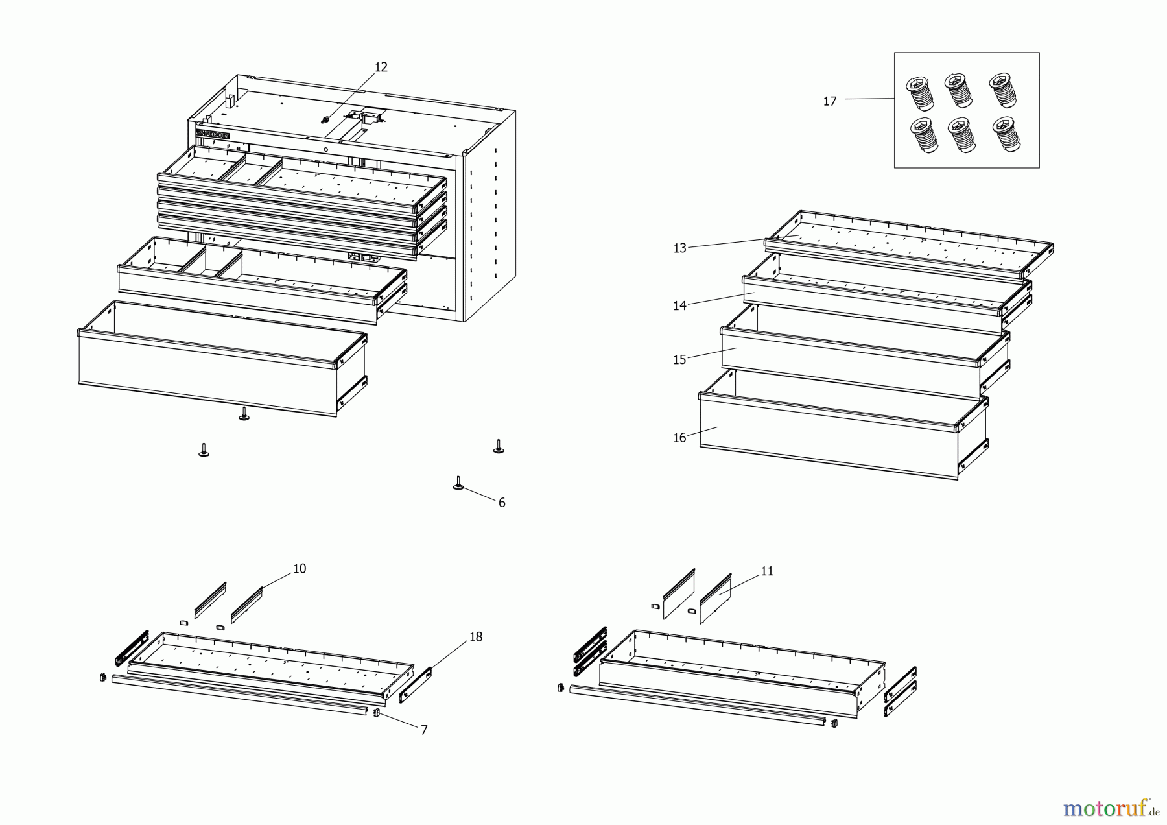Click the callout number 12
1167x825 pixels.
[x=381, y=67]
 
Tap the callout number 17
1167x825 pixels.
[x=830, y=101]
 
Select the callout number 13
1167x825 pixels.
[x=679, y=248]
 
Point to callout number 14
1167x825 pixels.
[x=679, y=305]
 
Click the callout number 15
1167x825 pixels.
[x=679, y=360]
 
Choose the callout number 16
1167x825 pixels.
[x=679, y=438]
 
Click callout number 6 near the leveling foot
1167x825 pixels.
[x=502, y=503]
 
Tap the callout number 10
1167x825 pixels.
[x=300, y=569]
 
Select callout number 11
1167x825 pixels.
[x=767, y=571]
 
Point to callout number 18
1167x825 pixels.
[x=476, y=637]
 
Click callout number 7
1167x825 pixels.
[x=424, y=730]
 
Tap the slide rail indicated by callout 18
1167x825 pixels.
[x=415, y=685]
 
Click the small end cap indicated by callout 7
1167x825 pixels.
[x=375, y=713]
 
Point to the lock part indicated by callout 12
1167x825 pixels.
[x=325, y=119]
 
